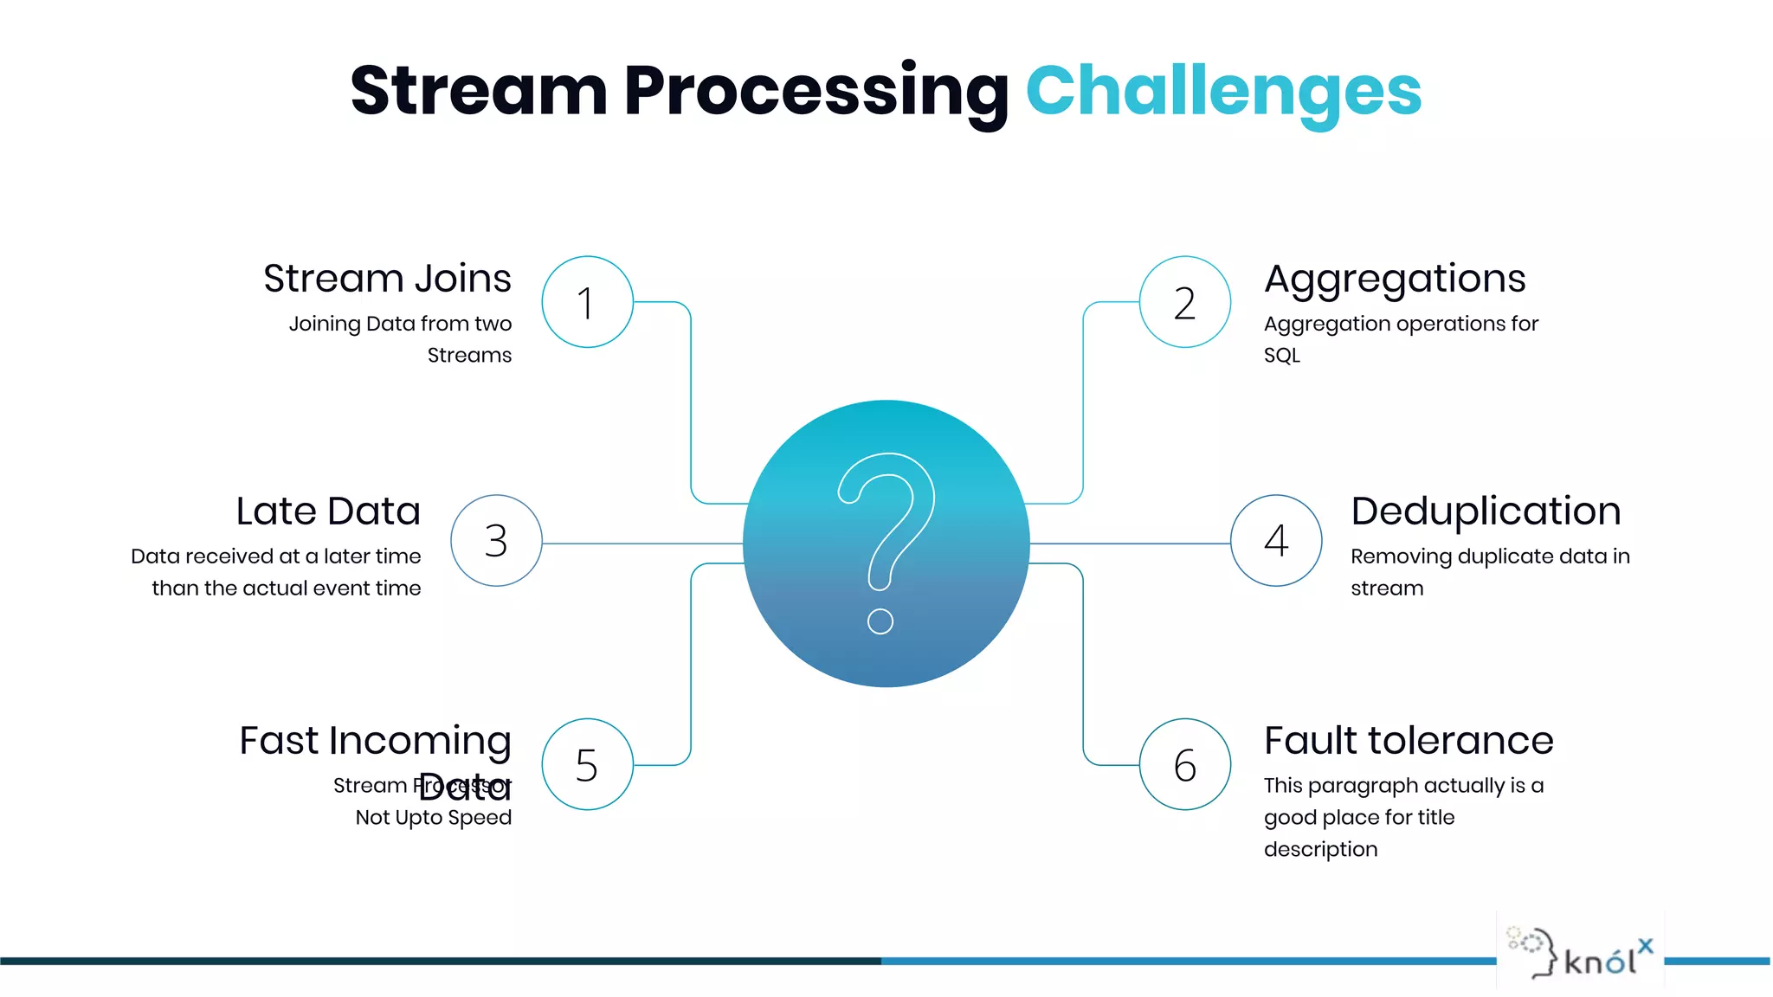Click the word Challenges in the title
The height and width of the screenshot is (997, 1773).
[1222, 91]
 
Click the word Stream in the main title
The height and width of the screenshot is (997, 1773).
[478, 91]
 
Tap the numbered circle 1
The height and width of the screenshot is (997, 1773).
[587, 302]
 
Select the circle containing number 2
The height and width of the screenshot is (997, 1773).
[1184, 302]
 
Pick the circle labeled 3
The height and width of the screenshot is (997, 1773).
[496, 541]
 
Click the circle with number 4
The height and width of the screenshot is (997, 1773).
[1276, 541]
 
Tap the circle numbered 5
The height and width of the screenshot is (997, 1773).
[587, 764]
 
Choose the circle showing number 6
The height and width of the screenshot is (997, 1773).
[1184, 764]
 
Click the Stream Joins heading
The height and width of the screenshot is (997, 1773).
[387, 279]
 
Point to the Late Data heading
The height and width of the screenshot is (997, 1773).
[328, 511]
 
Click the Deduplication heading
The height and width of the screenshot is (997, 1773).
[1486, 511]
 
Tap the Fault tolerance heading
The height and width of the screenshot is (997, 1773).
[1409, 741]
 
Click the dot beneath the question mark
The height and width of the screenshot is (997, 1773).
[880, 621]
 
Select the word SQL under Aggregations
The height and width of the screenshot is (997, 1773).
[1281, 356]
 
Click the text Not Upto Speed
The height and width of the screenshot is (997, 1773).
[433, 818]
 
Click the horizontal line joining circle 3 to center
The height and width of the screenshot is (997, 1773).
[641, 544]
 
